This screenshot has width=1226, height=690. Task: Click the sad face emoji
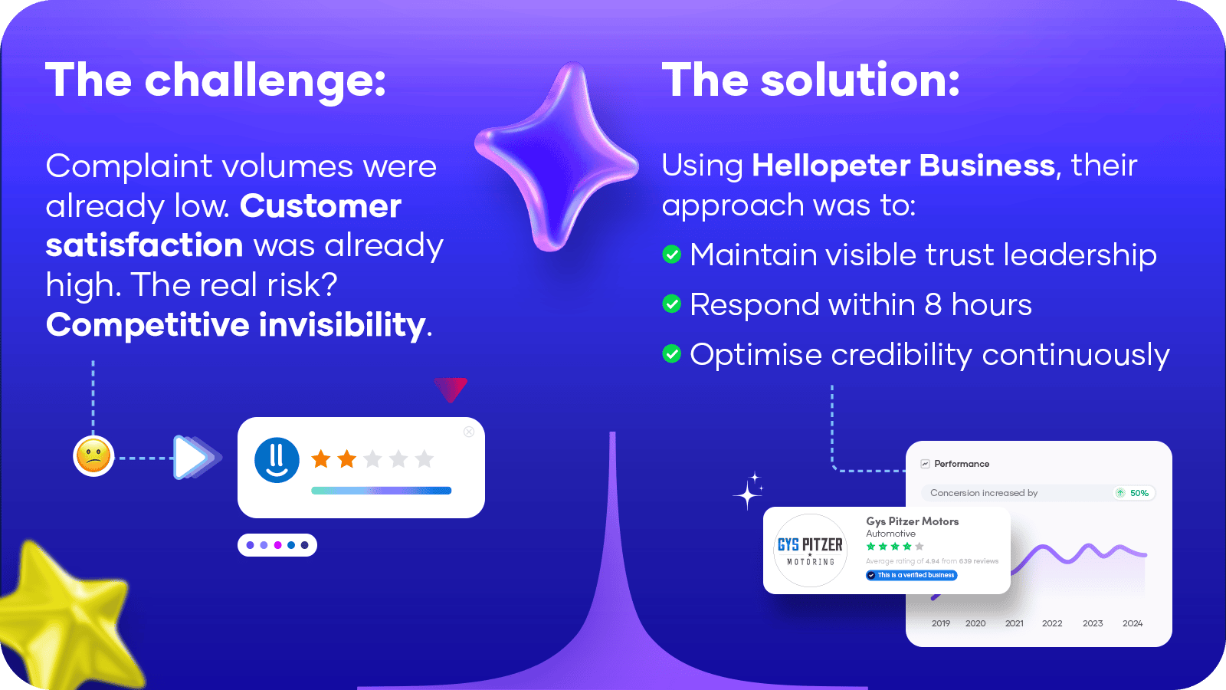click(x=93, y=456)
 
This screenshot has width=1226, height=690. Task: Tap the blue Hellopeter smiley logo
click(x=277, y=460)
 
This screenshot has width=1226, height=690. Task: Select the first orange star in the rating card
click(x=321, y=459)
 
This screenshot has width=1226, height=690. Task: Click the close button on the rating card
click(x=469, y=432)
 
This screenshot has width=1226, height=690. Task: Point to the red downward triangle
click(x=451, y=389)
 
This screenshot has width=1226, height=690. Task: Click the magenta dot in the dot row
click(x=277, y=545)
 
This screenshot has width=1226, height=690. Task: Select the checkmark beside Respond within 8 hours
click(x=671, y=304)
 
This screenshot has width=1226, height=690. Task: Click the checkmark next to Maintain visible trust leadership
click(x=671, y=254)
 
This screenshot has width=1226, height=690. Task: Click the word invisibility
click(x=342, y=325)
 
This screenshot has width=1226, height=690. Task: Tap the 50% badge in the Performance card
click(x=1134, y=493)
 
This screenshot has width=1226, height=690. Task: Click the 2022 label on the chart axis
click(x=1052, y=623)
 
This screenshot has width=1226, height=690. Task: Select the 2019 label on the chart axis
click(x=941, y=623)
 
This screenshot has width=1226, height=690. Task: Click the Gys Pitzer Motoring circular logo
click(x=810, y=551)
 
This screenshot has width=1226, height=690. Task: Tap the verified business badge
click(x=911, y=575)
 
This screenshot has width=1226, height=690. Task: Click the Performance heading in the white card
click(x=962, y=464)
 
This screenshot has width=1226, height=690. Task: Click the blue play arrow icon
click(x=192, y=457)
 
